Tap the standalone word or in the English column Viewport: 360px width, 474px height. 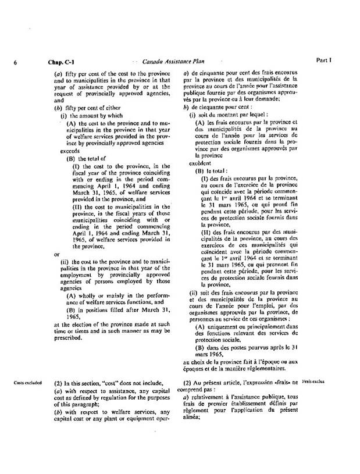(56, 254)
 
